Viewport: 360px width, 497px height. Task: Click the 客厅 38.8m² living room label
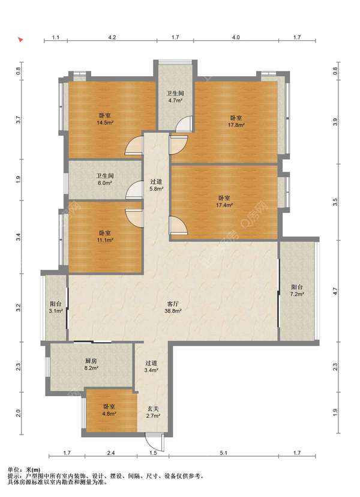(172, 307)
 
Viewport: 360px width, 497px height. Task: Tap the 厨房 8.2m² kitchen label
(91, 364)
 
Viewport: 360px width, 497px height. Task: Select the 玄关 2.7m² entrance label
(153, 412)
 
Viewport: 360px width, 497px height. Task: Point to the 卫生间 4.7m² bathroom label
(175, 97)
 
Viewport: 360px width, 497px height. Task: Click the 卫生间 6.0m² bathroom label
(105, 179)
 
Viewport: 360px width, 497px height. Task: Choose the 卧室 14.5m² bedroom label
(105, 119)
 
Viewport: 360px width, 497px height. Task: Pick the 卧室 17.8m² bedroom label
(236, 121)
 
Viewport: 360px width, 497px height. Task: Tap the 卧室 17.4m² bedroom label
(224, 201)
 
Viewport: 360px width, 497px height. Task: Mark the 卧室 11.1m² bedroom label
(105, 236)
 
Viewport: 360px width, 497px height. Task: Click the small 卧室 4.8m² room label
(109, 409)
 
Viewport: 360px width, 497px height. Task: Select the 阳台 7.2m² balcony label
(297, 291)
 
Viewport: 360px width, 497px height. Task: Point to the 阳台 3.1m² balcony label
(56, 307)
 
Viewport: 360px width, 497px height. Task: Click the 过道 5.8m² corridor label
(156, 185)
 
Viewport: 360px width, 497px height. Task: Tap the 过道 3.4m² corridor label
(151, 366)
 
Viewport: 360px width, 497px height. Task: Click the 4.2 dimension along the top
(112, 37)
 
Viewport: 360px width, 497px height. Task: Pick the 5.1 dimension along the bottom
(224, 453)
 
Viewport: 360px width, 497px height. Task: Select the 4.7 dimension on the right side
(335, 292)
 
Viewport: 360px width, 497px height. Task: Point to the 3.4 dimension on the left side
(19, 236)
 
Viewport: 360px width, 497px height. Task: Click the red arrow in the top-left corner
(20, 40)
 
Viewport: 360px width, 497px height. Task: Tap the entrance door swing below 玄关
(155, 441)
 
